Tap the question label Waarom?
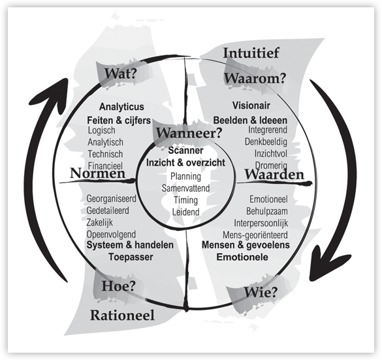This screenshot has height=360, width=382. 255,78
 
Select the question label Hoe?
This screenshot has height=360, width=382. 118,286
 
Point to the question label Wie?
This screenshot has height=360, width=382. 261,292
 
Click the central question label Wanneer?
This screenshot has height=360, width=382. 189,133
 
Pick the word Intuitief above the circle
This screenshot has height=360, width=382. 251,53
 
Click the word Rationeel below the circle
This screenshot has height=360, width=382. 122,315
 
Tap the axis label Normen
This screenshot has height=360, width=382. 97,173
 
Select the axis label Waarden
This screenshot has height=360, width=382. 274,174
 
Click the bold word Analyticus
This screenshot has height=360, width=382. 121,106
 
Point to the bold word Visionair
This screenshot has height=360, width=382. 251,106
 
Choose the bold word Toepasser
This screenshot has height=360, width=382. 131,257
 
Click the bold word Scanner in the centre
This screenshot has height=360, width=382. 185,150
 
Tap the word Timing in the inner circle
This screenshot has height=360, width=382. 185,200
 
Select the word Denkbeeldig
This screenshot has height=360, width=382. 266,142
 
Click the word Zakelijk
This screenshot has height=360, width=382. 100,222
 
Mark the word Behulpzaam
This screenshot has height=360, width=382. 267,211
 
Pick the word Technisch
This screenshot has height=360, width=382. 105,154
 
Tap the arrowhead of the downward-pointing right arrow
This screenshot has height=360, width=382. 325,264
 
